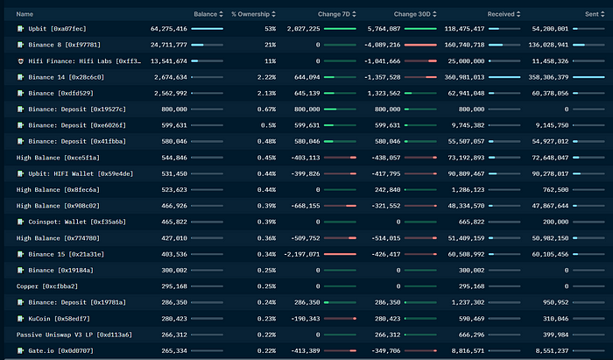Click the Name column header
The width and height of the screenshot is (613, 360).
pyautogui.click(x=25, y=14)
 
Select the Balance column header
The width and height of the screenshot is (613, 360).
pyautogui.click(x=205, y=14)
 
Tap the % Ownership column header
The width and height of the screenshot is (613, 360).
pyautogui.click(x=250, y=14)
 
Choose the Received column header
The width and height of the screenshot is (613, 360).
pyautogui.click(x=501, y=14)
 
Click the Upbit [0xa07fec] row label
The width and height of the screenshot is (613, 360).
pyautogui.click(x=60, y=29)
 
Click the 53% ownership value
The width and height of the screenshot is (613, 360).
pyautogui.click(x=270, y=29)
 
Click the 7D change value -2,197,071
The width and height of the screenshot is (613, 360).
pyautogui.click(x=300, y=254)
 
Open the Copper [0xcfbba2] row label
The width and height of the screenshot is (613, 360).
pyautogui.click(x=52, y=286)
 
